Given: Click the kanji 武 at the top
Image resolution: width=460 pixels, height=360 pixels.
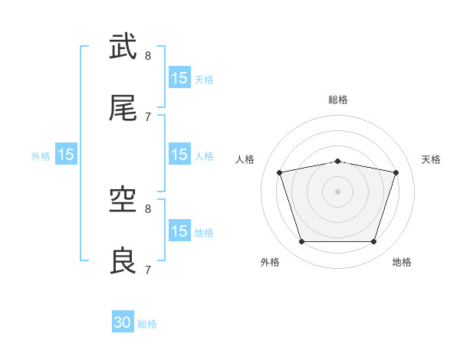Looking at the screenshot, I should click(123, 47).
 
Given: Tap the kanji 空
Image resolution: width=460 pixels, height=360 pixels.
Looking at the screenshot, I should click(123, 200).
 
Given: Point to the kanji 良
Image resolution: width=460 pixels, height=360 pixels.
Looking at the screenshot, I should click(123, 261).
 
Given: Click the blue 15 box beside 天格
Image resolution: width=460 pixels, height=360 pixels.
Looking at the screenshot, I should click(179, 77).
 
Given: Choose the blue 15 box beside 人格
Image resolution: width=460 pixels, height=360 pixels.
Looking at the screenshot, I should click(179, 154).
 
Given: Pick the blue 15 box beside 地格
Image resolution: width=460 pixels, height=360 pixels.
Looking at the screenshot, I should click(179, 231).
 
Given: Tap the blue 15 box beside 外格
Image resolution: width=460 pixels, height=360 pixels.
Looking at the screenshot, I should click(66, 155).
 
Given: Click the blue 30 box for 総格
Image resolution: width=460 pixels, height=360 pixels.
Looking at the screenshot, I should click(123, 322).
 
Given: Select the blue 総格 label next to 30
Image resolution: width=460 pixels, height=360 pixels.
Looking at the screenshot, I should click(147, 324).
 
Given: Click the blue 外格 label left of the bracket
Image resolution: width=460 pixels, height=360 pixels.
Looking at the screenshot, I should click(41, 156).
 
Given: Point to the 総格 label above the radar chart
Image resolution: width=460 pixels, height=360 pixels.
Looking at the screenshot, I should click(338, 100).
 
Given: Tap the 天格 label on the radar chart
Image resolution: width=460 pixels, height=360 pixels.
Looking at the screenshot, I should click(431, 159).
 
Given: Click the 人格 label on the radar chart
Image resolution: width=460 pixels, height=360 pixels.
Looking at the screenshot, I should click(245, 159).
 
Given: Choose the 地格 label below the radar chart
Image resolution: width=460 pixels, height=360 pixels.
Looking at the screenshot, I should click(402, 262).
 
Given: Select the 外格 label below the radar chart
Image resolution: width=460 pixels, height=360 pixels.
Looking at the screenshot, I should click(269, 262).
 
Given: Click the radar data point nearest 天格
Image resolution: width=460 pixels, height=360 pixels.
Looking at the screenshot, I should click(396, 173).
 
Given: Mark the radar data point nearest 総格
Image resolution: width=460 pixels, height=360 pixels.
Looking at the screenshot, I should click(338, 161).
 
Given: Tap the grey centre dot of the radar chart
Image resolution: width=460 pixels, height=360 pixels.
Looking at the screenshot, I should click(338, 191).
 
